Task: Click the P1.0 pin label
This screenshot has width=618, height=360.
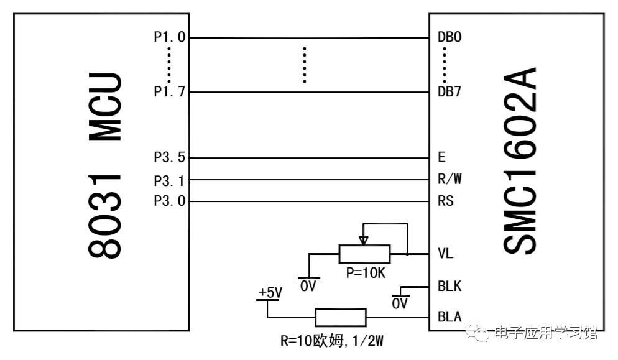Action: (169, 37)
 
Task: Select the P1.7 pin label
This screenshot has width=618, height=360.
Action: (169, 92)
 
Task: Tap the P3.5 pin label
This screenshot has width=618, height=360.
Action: (169, 157)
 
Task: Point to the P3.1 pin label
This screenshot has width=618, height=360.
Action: (169, 180)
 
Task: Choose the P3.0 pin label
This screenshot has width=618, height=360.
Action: (169, 201)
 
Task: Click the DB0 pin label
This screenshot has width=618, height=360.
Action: (450, 37)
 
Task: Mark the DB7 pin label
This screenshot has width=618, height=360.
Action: (450, 92)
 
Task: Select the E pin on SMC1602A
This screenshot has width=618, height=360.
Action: (441, 157)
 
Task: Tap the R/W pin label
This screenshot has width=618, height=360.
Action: (450, 180)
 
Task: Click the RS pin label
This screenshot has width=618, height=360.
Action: (446, 201)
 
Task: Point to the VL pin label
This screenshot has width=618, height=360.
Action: (446, 254)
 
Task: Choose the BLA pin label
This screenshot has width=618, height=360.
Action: (450, 317)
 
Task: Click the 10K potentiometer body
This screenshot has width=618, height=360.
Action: (364, 254)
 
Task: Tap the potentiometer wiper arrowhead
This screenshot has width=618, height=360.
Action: (364, 239)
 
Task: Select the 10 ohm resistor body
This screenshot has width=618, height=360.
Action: (341, 317)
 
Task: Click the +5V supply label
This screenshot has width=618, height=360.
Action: (270, 292)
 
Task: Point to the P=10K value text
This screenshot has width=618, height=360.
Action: (364, 273)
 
